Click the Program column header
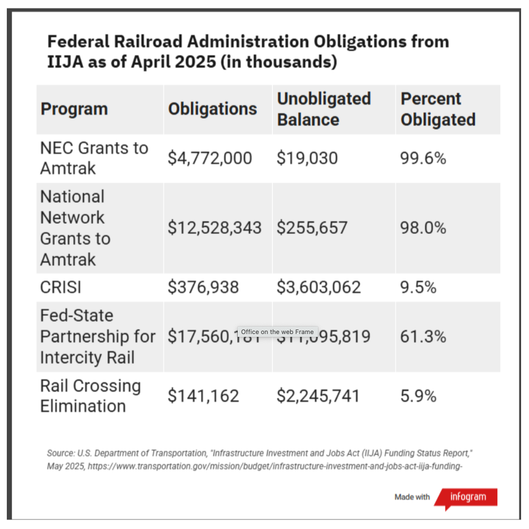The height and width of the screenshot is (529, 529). coord(74,109)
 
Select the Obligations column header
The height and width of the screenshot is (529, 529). coord(212,109)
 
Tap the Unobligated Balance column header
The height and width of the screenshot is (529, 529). coord(323,109)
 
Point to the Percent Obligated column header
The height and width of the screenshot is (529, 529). coord(438,109)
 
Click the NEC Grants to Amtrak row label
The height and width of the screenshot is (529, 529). coord(94,158)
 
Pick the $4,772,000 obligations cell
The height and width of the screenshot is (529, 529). coord(209,158)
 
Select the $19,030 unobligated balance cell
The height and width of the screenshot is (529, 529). coord(307,158)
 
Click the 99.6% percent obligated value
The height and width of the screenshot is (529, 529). coord(423,158)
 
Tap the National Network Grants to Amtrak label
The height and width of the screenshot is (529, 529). coord(75,228)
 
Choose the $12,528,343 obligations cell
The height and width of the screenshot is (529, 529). coord(215,228)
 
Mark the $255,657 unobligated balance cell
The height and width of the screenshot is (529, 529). coord(312,228)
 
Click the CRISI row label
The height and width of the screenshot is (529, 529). coord(60,288)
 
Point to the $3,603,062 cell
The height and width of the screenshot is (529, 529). coord(318,288)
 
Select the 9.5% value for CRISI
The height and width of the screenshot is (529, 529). coord(418,288)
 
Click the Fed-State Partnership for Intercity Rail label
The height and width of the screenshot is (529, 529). coord(97,337)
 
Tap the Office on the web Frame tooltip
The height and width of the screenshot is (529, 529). coord(277,332)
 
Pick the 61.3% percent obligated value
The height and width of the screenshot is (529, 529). coord(423,337)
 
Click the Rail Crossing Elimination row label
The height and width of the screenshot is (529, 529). coord(90,396)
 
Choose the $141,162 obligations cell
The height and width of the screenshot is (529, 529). coord(203,396)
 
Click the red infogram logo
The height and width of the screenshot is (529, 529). coord(468,497)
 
